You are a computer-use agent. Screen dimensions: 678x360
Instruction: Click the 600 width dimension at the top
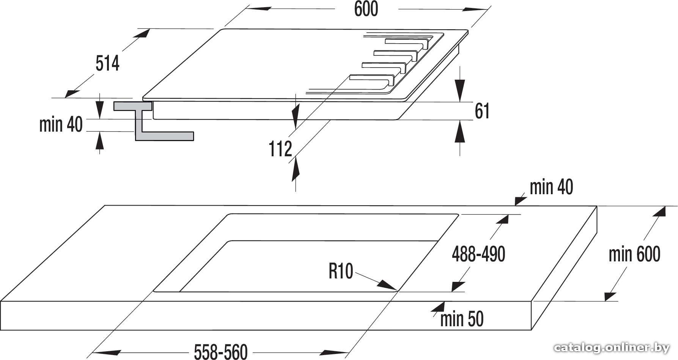tap(366, 9)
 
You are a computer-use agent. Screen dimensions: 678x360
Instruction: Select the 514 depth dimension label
tap(107, 63)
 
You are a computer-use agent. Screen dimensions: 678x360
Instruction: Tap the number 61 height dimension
tap(482, 111)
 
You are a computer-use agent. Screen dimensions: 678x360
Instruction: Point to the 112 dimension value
tap(280, 149)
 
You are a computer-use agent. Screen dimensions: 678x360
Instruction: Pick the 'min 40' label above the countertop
tap(551, 187)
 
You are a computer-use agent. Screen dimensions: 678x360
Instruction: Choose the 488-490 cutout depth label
tap(478, 254)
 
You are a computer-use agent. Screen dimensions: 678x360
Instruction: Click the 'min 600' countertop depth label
tap(634, 254)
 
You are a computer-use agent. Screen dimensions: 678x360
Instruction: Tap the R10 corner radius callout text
tap(341, 271)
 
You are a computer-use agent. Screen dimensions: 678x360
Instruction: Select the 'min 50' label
tap(462, 319)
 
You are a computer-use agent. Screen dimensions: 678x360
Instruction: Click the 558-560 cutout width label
tap(220, 352)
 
